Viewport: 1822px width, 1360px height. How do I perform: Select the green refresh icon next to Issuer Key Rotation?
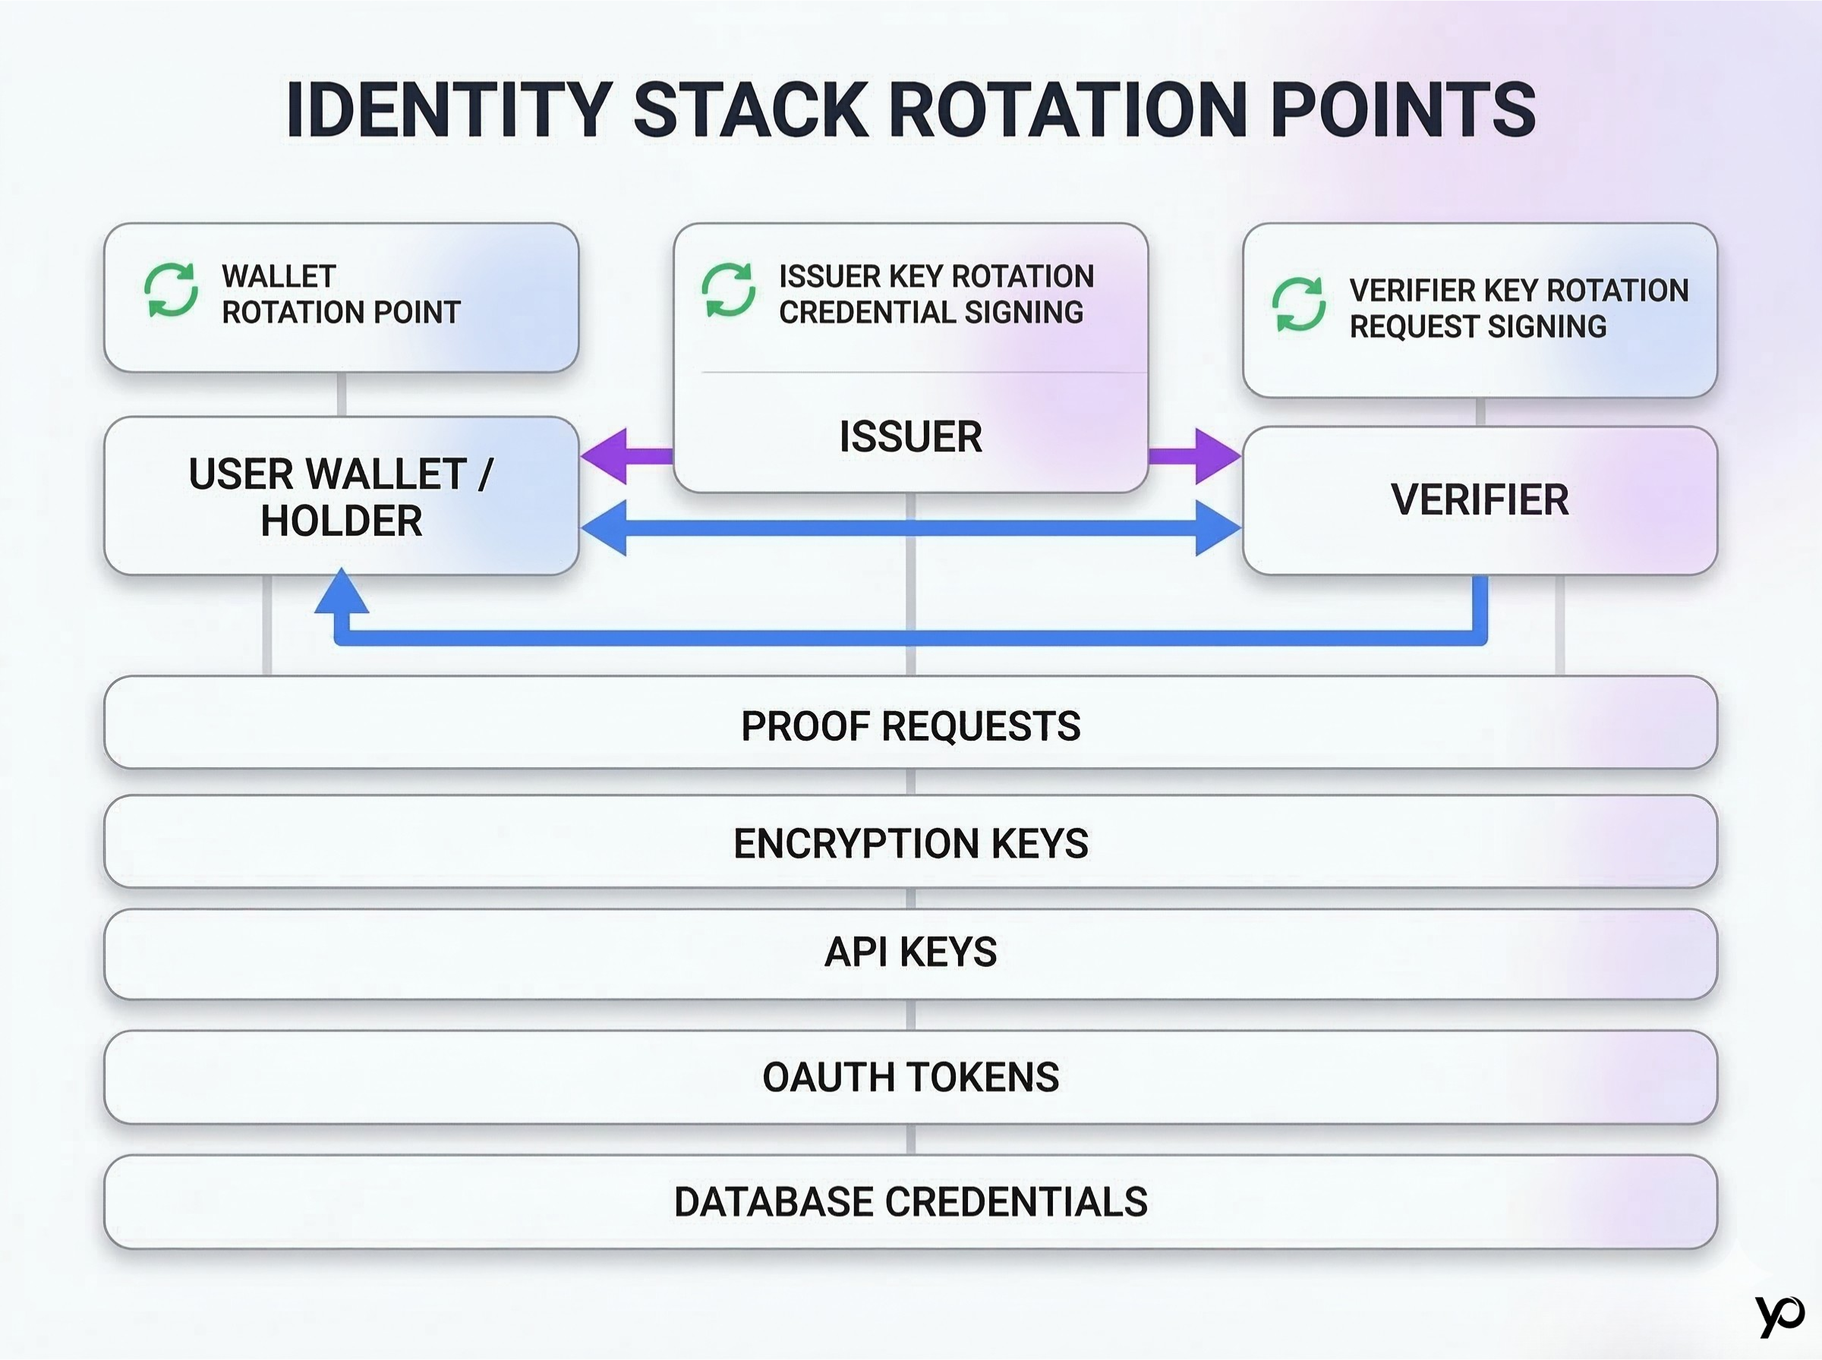point(729,290)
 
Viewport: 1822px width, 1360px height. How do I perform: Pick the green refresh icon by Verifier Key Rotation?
point(1298,304)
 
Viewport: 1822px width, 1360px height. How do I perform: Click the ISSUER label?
point(910,436)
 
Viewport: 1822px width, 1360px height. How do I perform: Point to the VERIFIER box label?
point(1480,499)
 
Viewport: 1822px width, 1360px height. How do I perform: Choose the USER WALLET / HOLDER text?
point(341,497)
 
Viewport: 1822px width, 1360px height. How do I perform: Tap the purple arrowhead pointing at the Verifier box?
point(1216,455)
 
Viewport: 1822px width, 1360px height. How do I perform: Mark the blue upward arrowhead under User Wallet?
point(342,592)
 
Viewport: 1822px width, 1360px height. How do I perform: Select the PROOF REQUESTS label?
point(910,726)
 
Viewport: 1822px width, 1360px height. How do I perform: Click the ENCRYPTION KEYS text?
point(910,844)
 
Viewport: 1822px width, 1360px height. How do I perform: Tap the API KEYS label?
point(910,952)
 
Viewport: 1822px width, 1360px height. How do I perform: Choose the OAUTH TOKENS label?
point(910,1078)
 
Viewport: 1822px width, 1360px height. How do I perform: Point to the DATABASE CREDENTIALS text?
point(910,1202)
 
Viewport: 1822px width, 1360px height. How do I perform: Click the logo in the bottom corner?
point(1779,1314)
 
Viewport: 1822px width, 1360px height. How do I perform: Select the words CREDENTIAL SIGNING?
point(931,313)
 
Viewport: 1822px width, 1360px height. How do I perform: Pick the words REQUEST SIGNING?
point(1478,327)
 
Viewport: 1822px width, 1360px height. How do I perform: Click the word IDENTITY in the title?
point(449,109)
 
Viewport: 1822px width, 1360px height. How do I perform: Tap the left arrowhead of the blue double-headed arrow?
point(606,527)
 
